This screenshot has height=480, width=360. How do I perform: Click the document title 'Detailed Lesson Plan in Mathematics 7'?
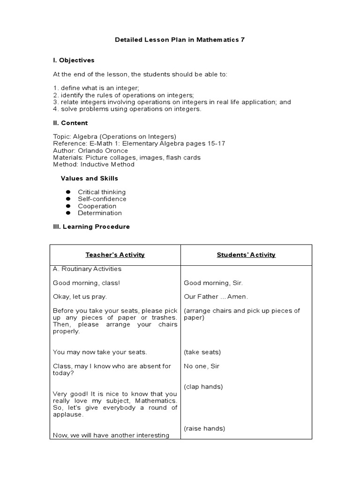180,40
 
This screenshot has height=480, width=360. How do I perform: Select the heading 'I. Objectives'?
74,60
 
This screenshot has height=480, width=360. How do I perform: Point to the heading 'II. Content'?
70,123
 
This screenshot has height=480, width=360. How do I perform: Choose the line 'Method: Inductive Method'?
94,165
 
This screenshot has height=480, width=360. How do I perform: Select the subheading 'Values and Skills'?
90,178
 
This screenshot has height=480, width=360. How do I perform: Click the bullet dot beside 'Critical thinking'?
68,192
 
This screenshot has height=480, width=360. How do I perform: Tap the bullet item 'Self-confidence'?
102,199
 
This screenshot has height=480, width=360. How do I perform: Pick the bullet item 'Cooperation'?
97,206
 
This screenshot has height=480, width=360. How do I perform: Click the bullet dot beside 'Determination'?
68,213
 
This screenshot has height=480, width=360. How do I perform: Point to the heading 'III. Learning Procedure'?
91,226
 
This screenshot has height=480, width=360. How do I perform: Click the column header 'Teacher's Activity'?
115,255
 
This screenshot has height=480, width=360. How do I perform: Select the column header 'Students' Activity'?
246,255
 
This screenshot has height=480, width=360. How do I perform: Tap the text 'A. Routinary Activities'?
87,269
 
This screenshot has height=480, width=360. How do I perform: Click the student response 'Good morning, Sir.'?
213,283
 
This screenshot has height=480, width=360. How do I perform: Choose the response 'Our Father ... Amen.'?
216,297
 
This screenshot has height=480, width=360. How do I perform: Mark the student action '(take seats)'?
202,352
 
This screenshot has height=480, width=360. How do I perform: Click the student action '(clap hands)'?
203,387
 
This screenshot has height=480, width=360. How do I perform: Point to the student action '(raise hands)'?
204,428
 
